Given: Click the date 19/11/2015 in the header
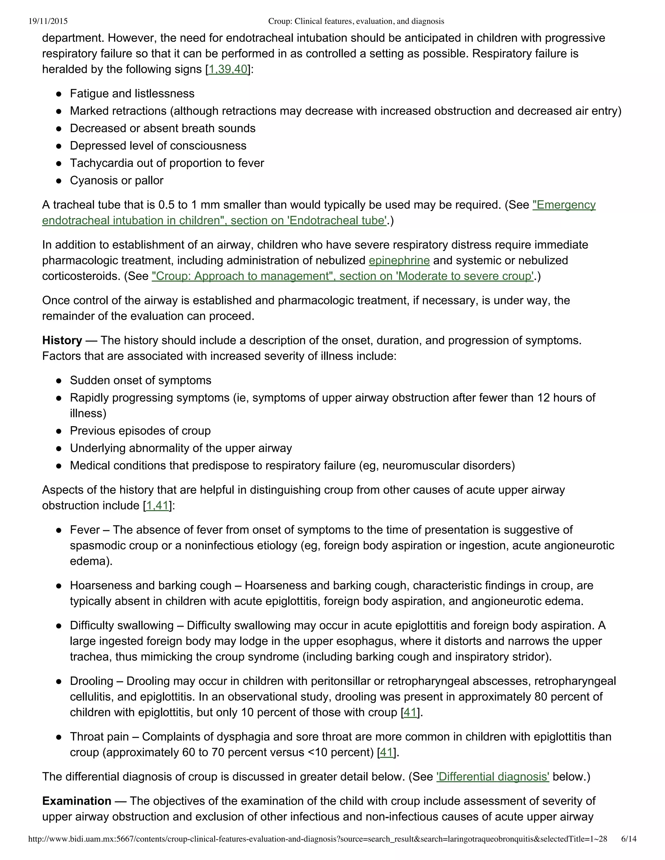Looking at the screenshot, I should (x=48, y=21).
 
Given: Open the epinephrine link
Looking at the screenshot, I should (x=399, y=260).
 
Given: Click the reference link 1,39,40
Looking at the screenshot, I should (x=228, y=69).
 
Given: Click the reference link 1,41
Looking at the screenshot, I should (x=157, y=505).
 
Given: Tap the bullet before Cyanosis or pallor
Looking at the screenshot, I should (x=59, y=181).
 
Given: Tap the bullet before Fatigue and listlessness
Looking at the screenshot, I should (x=59, y=94).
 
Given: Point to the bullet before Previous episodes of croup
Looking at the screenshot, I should (x=59, y=431).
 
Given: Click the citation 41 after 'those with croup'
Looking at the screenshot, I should (x=410, y=712).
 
